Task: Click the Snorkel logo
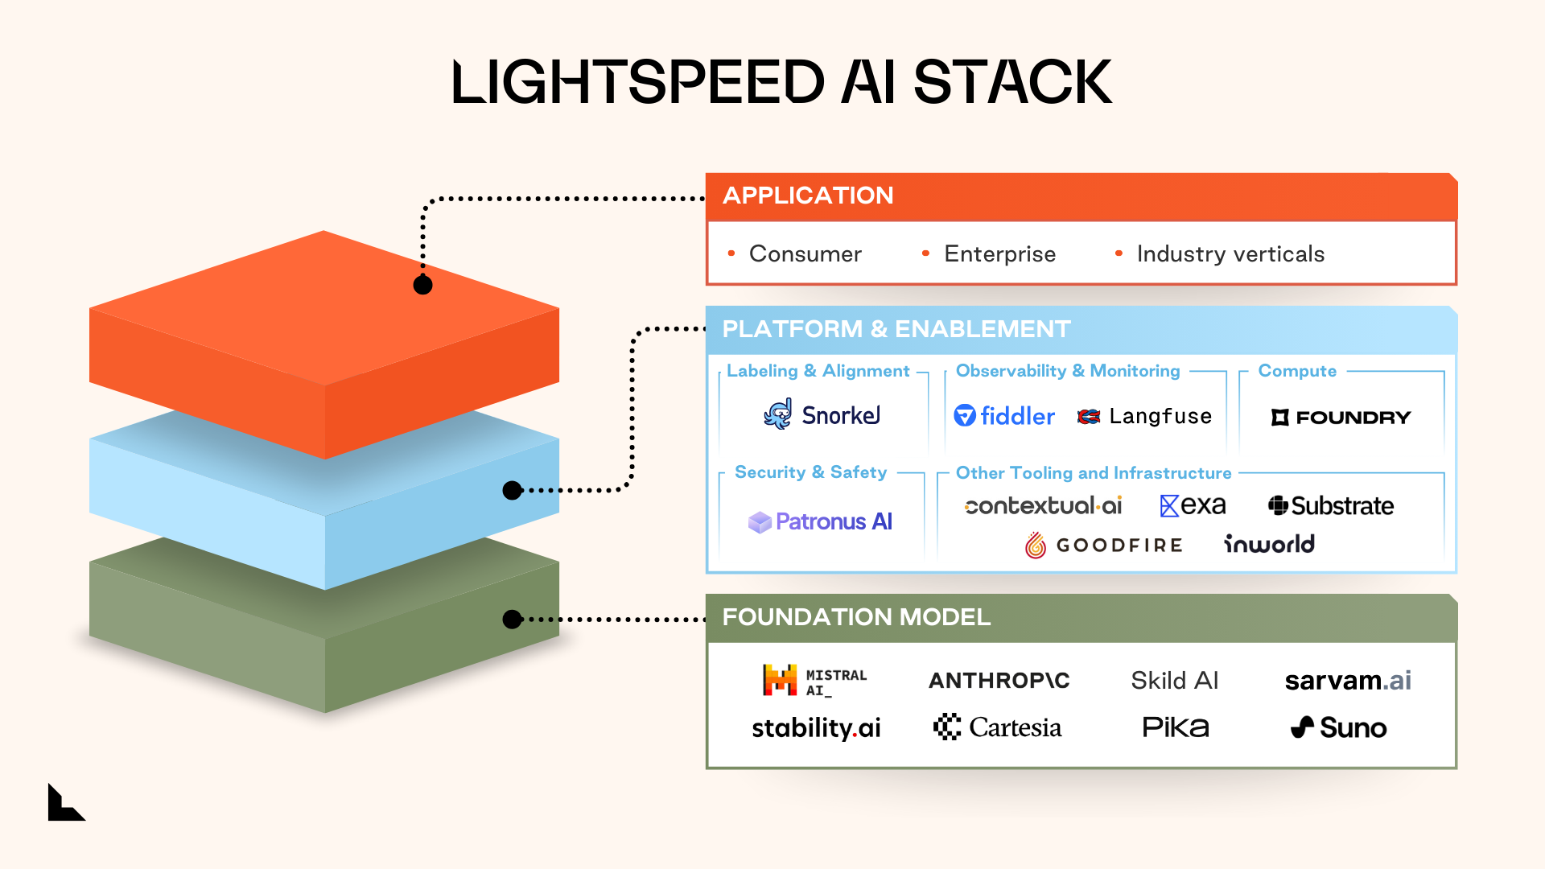[822, 415]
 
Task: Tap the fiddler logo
[1004, 416]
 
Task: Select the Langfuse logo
[1144, 416]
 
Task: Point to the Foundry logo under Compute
[1341, 418]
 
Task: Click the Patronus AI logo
[820, 522]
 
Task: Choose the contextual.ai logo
[1043, 506]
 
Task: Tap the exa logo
[1193, 505]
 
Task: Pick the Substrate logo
[1331, 506]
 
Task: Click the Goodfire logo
[1104, 546]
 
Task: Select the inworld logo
[1269, 545]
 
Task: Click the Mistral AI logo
[814, 681]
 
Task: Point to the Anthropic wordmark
[999, 681]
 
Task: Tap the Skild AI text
[1174, 681]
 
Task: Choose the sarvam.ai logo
[1348, 681]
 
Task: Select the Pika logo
[1175, 727]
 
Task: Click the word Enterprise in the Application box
[999, 254]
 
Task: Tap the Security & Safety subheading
[810, 472]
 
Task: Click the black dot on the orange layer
[422, 285]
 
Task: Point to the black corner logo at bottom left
[64, 804]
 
